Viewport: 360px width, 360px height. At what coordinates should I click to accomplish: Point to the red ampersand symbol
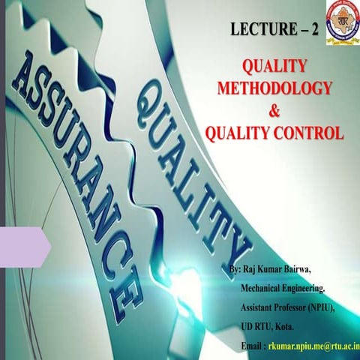(274, 112)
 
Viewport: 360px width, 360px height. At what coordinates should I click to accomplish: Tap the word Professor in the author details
(293, 308)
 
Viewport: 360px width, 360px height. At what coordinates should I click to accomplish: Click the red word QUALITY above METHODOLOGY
(274, 66)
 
